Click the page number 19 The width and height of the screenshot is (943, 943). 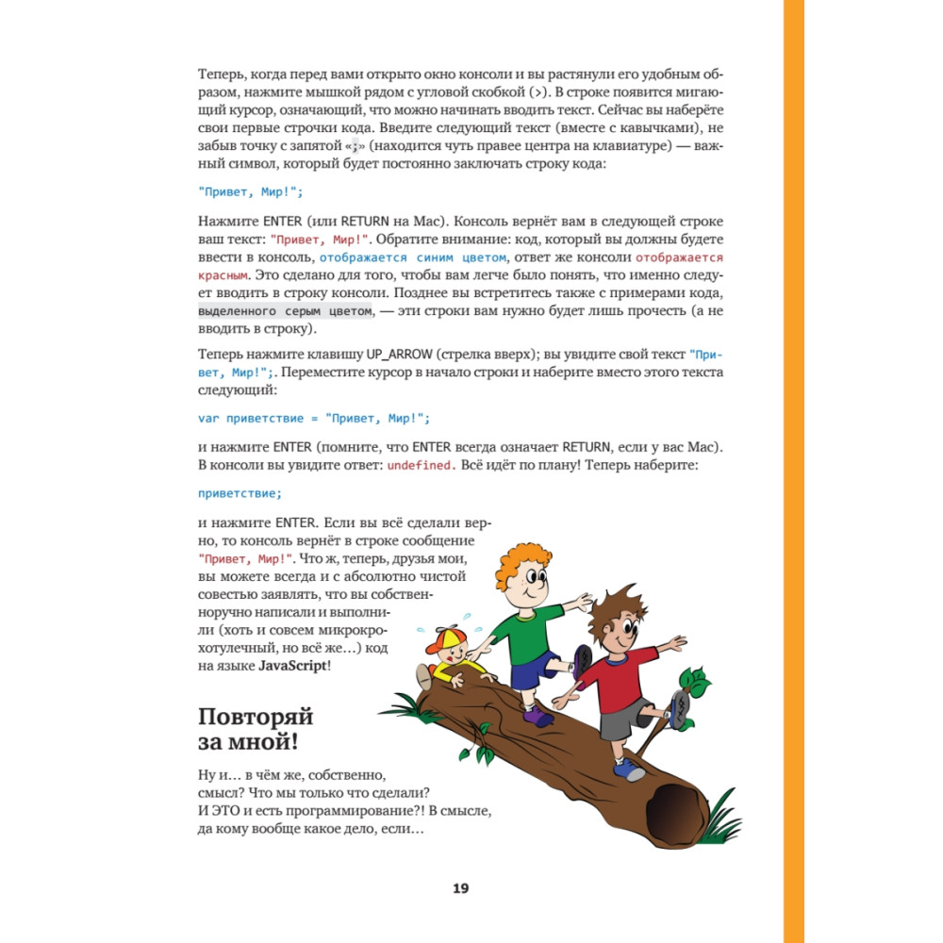(x=460, y=888)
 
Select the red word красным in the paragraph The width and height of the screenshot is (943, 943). (x=223, y=275)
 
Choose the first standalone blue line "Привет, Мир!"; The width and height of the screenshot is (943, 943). (x=251, y=191)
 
